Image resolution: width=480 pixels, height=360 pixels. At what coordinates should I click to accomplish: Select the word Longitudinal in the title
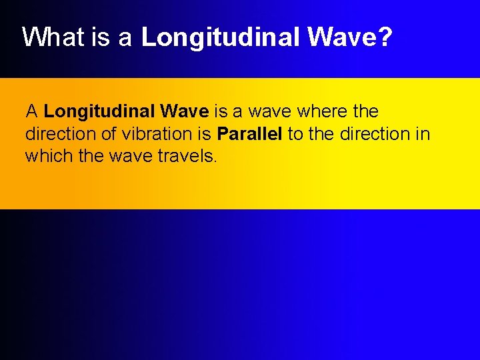tap(221, 38)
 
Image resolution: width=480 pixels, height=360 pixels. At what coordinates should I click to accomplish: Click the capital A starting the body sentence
tap(31, 111)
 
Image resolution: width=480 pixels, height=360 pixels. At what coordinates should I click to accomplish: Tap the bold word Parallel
tap(250, 133)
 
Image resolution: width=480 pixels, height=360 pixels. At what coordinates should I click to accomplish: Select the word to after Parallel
tap(295, 133)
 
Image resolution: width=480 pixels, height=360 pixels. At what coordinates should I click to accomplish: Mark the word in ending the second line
tap(423, 133)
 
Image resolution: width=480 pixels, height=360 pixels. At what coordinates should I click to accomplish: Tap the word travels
tap(190, 156)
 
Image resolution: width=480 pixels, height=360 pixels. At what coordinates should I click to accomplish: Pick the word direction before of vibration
tap(61, 133)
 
